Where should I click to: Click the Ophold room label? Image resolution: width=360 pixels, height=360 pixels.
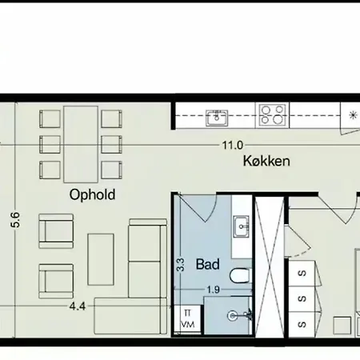[92, 194]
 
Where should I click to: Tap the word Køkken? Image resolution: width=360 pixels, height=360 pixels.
[266, 161]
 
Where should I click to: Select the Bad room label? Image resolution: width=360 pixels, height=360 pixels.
[208, 264]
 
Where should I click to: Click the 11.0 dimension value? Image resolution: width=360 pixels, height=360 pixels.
[233, 146]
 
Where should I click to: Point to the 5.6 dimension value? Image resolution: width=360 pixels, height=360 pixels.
[15, 220]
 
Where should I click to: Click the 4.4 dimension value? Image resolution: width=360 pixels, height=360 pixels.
[78, 306]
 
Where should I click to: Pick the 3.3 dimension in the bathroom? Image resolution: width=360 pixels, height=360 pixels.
[181, 265]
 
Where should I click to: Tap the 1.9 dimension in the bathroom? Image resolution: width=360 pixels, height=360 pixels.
[214, 290]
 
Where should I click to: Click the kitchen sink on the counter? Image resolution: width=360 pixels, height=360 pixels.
[217, 118]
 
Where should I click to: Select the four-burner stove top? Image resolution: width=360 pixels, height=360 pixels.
[272, 115]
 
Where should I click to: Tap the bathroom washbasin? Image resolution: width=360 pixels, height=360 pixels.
[242, 226]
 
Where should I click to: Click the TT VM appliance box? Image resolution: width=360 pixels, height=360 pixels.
[187, 318]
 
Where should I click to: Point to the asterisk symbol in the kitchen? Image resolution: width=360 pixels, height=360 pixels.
[353, 115]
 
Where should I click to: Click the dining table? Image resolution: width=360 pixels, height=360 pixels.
[81, 144]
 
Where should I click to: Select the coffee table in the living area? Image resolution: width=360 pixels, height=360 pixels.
[101, 259]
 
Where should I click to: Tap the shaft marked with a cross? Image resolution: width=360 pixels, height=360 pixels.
[270, 267]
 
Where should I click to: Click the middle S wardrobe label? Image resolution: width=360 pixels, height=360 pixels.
[302, 298]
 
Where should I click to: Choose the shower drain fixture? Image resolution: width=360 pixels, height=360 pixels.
[233, 316]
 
